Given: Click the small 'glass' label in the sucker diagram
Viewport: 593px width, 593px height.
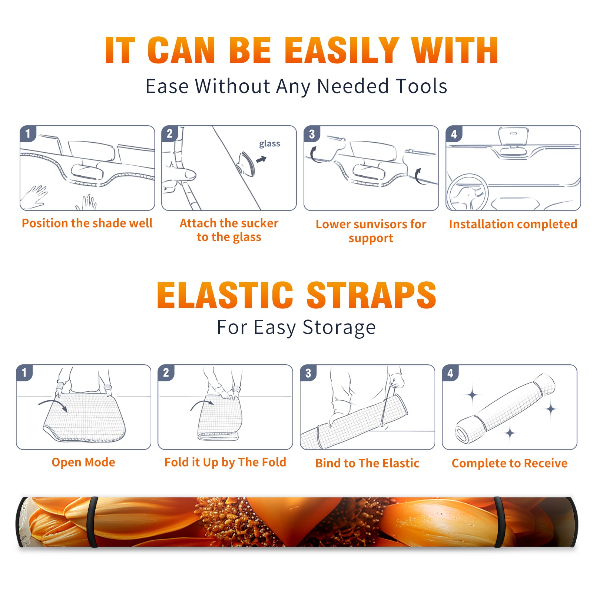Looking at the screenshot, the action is tap(269, 144).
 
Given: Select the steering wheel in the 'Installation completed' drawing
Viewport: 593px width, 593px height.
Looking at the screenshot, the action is tap(467, 192).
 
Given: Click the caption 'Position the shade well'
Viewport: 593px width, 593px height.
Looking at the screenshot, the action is tap(87, 223).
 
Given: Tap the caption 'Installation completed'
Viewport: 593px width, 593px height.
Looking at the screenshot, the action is tap(513, 224).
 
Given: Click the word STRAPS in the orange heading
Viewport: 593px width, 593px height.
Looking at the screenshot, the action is tap(371, 295).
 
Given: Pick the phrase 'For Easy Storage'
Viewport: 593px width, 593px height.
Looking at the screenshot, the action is tap(296, 327).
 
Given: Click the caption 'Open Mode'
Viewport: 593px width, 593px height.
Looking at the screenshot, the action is tap(83, 462).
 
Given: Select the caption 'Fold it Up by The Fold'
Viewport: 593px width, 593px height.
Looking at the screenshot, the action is tap(225, 462).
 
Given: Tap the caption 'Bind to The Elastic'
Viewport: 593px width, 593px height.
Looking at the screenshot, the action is tap(367, 463).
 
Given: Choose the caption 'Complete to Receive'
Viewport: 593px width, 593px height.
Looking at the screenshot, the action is tap(510, 463).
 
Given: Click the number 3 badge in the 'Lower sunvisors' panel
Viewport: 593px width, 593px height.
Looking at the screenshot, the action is tap(312, 134).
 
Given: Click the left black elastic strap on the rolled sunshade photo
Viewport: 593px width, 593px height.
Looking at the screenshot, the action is tap(94, 522).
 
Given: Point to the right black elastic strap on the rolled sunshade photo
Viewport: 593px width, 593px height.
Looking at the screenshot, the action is tap(499, 522).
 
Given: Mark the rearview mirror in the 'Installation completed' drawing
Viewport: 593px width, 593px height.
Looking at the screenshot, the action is tap(513, 136).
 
